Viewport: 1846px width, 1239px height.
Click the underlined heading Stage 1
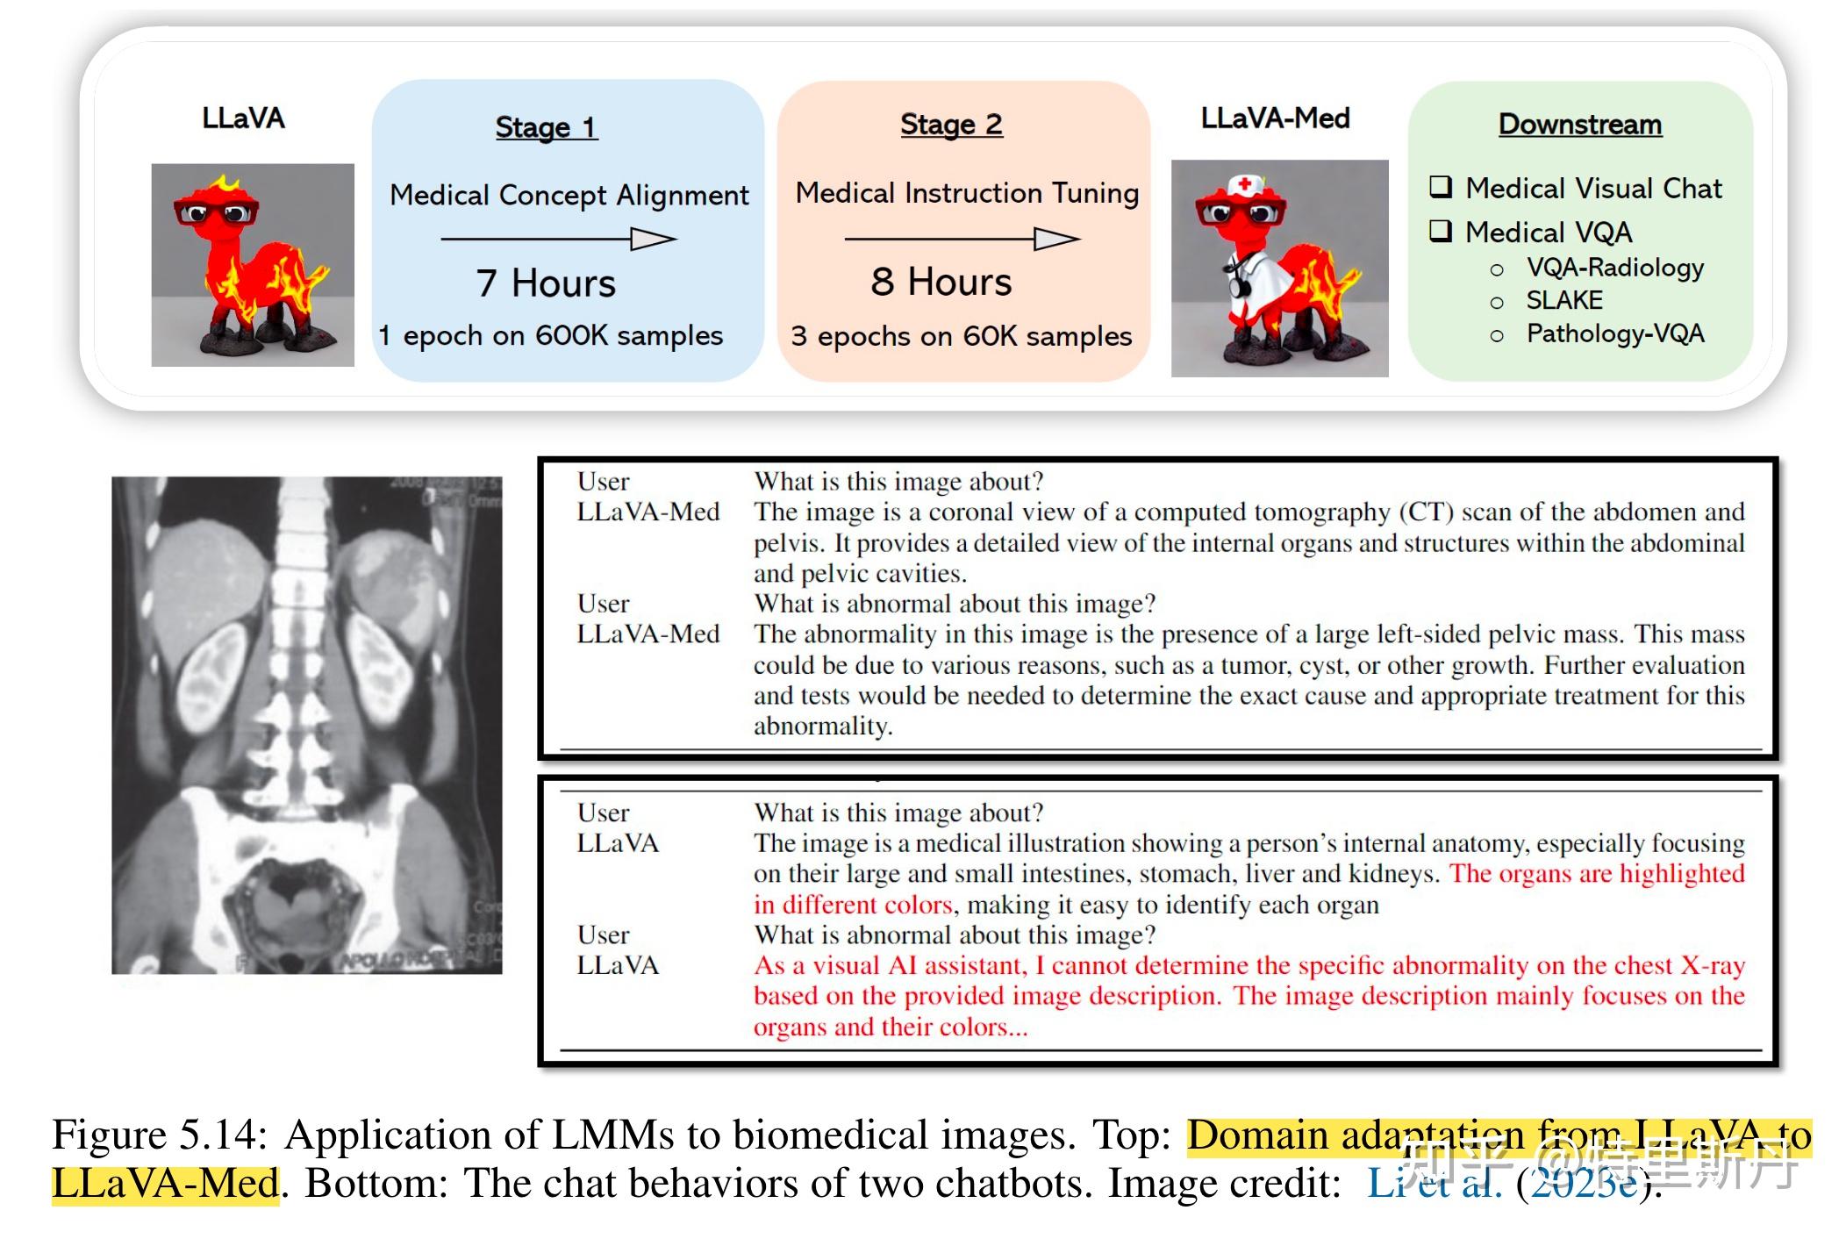tap(546, 127)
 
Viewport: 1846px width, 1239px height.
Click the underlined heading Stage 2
tap(951, 125)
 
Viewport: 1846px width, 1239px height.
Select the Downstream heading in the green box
tap(1579, 125)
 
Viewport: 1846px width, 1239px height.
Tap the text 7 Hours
tap(546, 283)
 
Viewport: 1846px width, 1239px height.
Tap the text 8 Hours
tap(941, 283)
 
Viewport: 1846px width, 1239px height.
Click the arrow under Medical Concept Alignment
tap(558, 239)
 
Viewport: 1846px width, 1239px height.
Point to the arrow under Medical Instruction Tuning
tap(962, 239)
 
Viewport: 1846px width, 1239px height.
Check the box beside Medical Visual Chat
tap(1441, 187)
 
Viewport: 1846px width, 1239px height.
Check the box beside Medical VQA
tap(1441, 231)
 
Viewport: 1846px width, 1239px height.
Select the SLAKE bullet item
tap(1563, 301)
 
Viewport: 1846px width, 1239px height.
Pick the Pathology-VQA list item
tap(1614, 334)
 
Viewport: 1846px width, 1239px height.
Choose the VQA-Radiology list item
tap(1614, 268)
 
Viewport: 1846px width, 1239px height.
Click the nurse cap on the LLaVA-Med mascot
tap(1243, 186)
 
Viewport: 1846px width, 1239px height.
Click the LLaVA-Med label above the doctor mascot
tap(1275, 118)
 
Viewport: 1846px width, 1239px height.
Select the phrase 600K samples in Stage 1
tap(628, 336)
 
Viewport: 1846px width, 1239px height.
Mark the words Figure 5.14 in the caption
tap(158, 1135)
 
